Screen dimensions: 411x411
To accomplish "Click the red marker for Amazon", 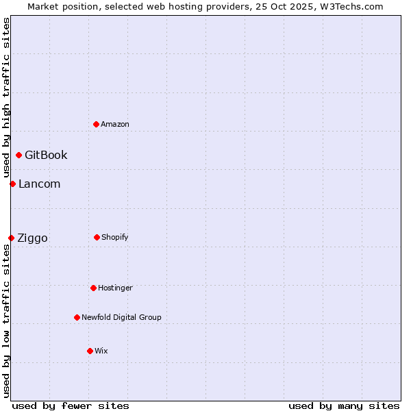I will click(96, 124).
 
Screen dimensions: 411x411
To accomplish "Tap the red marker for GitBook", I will click(18, 155).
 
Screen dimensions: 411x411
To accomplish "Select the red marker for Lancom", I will click(12, 184).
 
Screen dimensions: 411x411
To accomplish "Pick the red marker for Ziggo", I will click(11, 238).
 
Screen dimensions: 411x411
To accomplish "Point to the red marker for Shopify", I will click(97, 237).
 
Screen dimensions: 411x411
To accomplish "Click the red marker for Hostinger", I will click(93, 288).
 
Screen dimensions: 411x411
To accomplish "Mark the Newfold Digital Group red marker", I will click(77, 317).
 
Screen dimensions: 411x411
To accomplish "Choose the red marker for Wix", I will click(90, 351).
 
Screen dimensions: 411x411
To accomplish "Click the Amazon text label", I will click(115, 124).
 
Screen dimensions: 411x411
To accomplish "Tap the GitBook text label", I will click(46, 155).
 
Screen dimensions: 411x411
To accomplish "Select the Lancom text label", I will click(39, 184).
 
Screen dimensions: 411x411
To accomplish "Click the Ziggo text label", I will click(32, 238).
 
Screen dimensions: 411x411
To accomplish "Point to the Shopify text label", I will click(115, 237).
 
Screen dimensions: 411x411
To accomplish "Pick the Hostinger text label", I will click(115, 288).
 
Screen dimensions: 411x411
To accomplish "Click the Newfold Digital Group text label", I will click(121, 317).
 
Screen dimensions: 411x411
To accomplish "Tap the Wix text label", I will click(101, 351).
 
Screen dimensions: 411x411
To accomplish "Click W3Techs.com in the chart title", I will click(350, 6).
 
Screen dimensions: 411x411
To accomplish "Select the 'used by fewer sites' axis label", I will click(71, 406).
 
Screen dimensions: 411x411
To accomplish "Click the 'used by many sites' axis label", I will click(344, 406).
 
